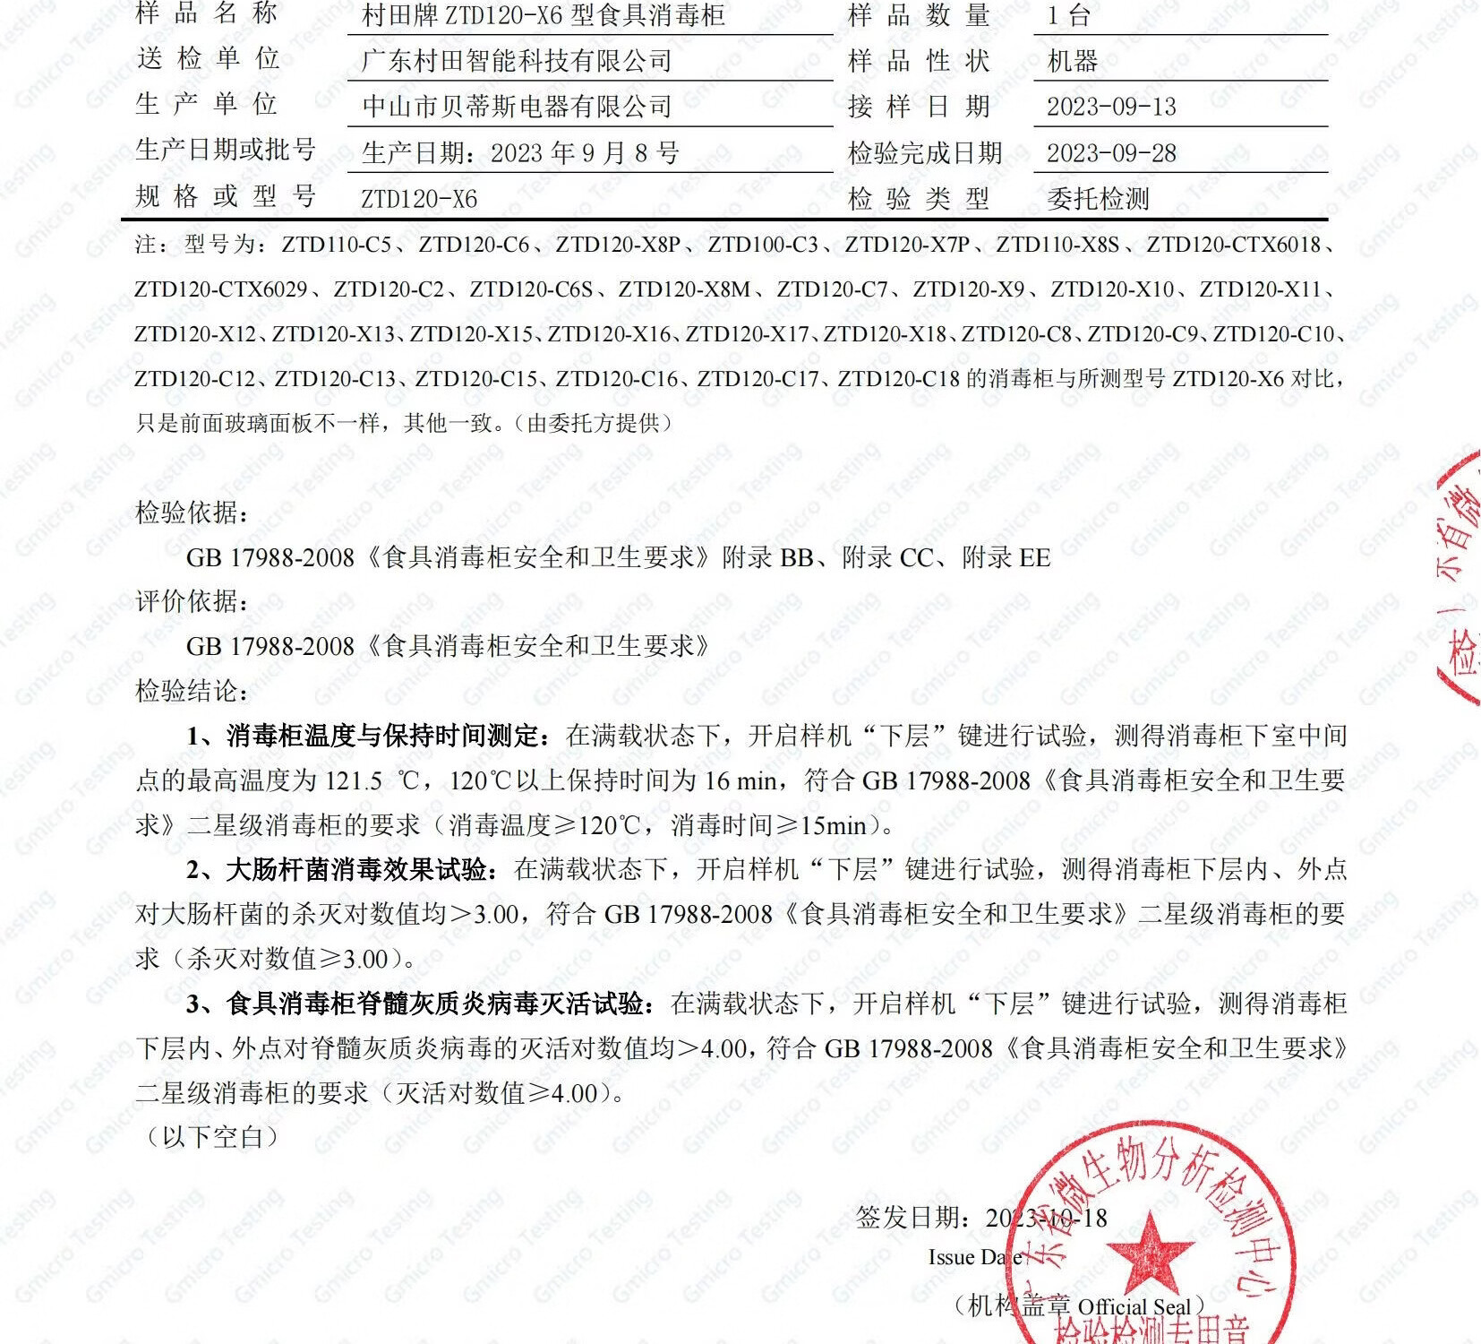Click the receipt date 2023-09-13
coord(1111,107)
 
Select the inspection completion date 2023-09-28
coord(1111,153)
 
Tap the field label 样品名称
coord(207,13)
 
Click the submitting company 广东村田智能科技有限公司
coord(517,61)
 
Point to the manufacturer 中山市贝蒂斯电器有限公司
coord(517,107)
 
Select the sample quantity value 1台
coord(1068,15)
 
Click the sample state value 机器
coord(1072,61)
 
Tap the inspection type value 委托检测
coord(1098,199)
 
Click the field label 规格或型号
coord(225,197)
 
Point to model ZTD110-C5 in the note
coord(337,245)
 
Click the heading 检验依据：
coord(192,513)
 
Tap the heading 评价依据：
coord(192,601)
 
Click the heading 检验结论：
coord(192,691)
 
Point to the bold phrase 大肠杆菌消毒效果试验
coord(356,869)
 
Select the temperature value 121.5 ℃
coord(370,780)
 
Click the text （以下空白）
coord(212,1137)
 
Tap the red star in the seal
coord(1151,1252)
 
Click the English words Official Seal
coord(1134,1306)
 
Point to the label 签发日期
coord(912,1218)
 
